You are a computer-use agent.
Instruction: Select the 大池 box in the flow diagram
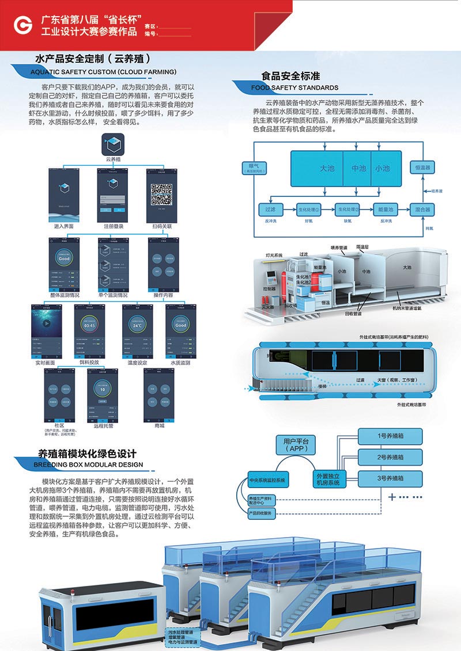pyautogui.click(x=327, y=168)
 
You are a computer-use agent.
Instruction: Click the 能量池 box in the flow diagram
pyautogui.click(x=384, y=210)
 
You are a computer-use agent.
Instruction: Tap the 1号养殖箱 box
pyautogui.click(x=390, y=436)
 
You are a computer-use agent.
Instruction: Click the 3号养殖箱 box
pyautogui.click(x=390, y=478)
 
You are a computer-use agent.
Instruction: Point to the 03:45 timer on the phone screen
pyautogui.click(x=89, y=325)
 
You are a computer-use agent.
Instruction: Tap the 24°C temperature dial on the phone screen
pyautogui.click(x=137, y=325)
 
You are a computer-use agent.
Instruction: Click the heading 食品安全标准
pyautogui.click(x=290, y=76)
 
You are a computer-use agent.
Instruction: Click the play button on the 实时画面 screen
pyautogui.click(x=46, y=323)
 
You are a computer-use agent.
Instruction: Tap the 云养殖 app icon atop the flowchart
pyautogui.click(x=113, y=142)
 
